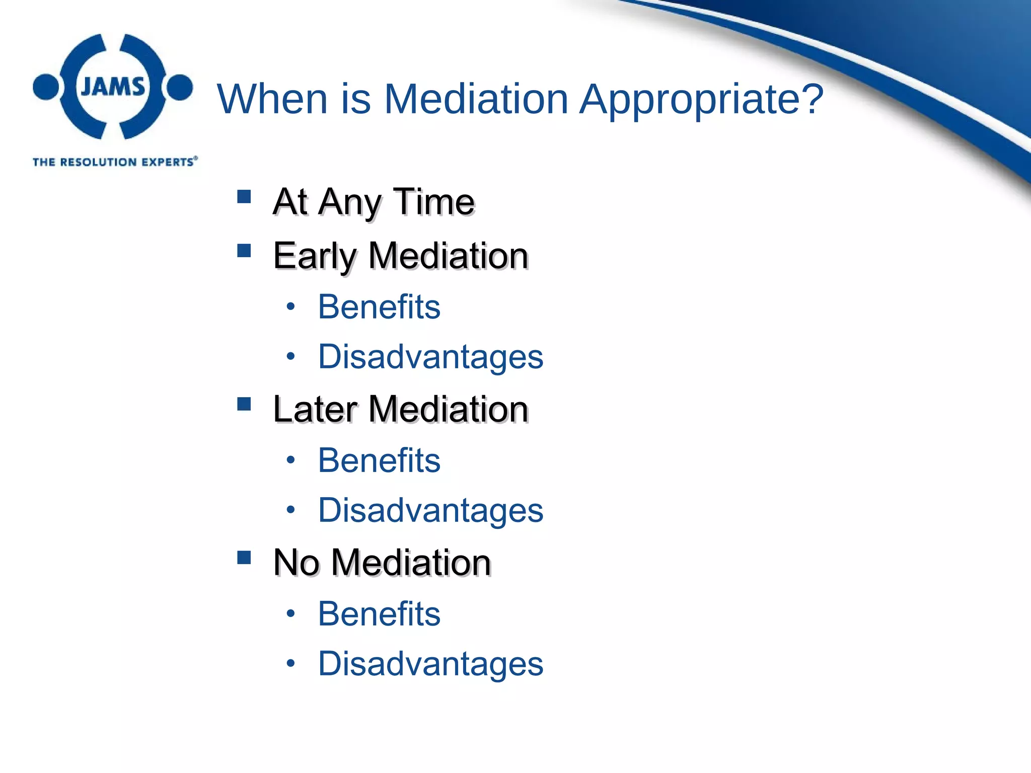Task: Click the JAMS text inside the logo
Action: pos(113,87)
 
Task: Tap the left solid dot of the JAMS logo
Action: pos(46,87)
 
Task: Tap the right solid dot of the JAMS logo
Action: pos(180,87)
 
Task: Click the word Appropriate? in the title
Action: pos(701,99)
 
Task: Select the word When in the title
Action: pos(273,99)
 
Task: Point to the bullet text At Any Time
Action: pos(374,202)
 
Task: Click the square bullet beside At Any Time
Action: pos(244,196)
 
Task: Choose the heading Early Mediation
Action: pos(401,256)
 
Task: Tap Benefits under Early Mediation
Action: pos(379,306)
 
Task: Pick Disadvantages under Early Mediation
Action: pos(430,357)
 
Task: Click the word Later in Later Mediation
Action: pos(316,409)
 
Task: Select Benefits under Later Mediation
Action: pos(379,460)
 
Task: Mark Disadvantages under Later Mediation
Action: pos(430,510)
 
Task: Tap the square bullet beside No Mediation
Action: pos(244,558)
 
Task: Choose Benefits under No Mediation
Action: pos(379,614)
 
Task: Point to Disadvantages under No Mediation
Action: pos(430,664)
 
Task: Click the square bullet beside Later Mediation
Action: pos(244,404)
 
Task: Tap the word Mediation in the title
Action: pos(476,99)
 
